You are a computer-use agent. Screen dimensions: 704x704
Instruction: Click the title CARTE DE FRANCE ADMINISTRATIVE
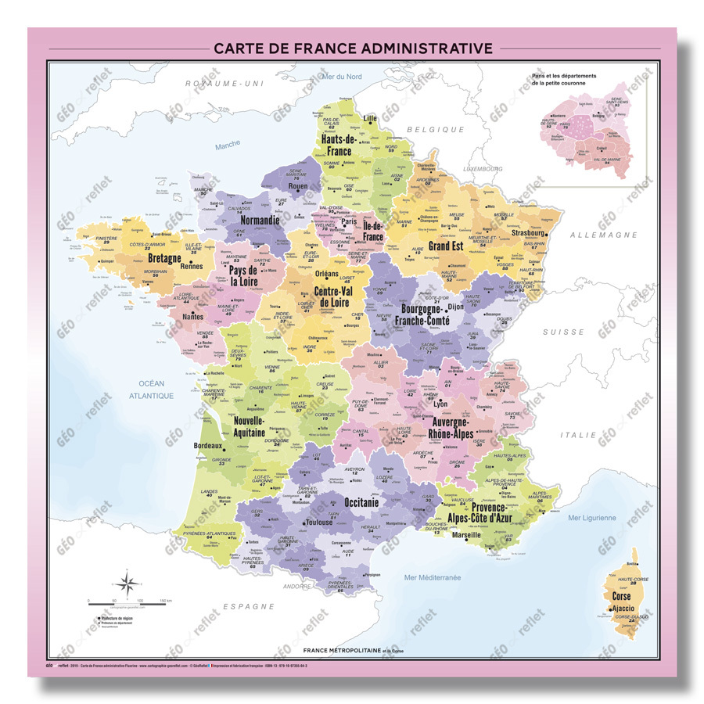point(353,48)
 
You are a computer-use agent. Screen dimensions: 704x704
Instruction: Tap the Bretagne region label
point(165,257)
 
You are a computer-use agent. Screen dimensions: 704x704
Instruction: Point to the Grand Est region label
point(447,246)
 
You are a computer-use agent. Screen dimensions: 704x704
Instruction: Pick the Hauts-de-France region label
point(339,145)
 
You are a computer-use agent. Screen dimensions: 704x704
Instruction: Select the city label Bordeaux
point(207,447)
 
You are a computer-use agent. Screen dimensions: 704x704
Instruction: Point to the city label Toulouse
point(319,522)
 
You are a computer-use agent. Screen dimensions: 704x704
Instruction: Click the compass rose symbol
point(130,583)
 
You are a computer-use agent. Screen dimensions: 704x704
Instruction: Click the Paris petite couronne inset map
point(599,129)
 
